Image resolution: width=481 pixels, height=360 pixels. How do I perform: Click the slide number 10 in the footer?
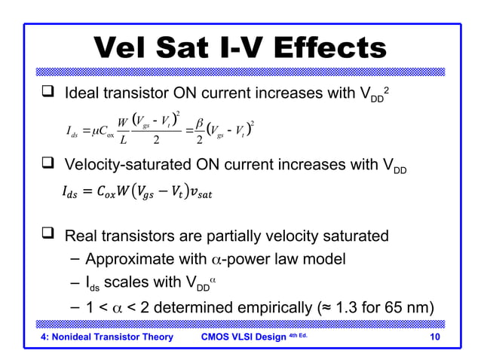433,337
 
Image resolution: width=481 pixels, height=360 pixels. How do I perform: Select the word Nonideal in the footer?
76,337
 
